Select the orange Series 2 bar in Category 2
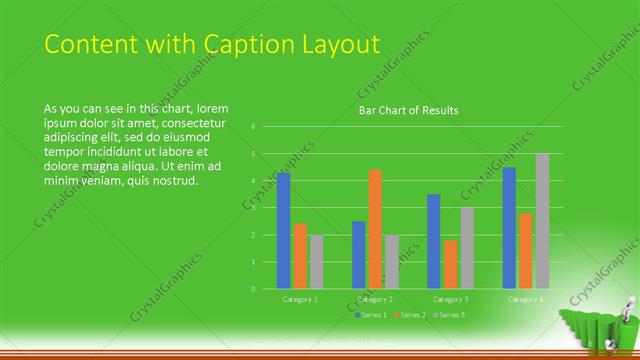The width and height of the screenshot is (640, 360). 375,229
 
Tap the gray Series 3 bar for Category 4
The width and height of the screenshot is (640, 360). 542,221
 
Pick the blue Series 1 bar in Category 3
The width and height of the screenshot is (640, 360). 433,241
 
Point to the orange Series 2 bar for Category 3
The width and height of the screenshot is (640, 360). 450,264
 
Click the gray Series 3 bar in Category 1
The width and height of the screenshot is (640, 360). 316,262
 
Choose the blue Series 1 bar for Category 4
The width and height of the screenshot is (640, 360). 509,228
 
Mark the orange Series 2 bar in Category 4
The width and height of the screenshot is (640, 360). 525,251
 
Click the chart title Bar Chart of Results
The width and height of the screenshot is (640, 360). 408,110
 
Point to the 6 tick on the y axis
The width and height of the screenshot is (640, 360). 254,127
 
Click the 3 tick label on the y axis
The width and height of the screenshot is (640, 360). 254,208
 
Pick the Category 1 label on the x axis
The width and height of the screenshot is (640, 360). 300,299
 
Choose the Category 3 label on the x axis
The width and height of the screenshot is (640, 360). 450,299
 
